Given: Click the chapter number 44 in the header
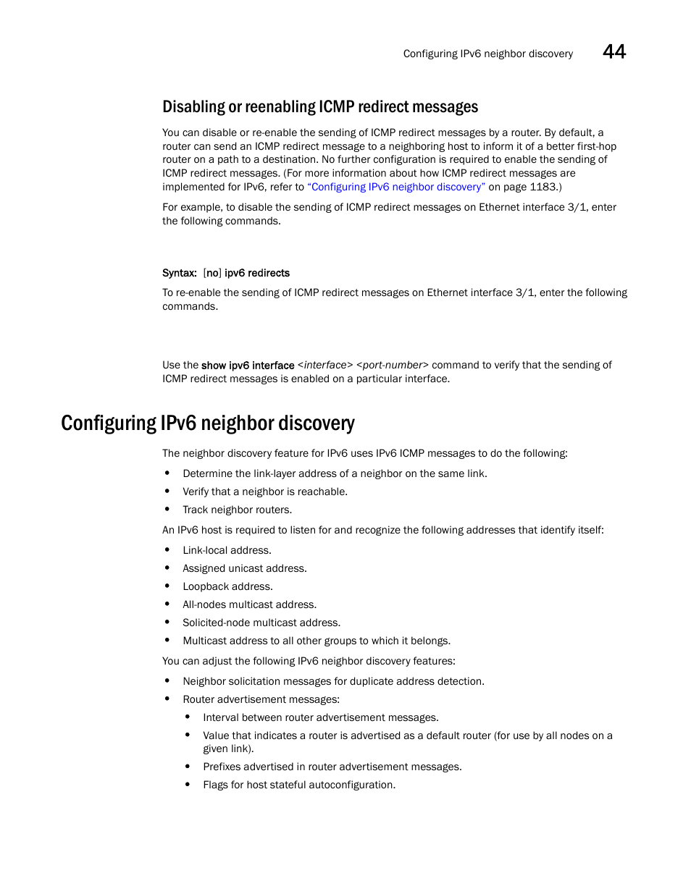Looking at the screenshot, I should click(614, 52).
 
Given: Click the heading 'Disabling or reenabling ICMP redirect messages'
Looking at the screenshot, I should click(320, 107).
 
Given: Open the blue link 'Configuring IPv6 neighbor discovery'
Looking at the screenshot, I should click(396, 187).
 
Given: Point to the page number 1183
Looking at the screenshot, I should click(543, 187).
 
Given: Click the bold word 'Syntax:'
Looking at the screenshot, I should click(179, 273).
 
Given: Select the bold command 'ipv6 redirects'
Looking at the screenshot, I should click(257, 273).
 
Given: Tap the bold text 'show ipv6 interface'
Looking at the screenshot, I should click(248, 366).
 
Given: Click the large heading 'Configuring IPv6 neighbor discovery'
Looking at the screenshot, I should click(208, 423).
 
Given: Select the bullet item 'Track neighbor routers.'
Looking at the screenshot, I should click(237, 510).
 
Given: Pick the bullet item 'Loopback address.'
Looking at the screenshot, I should click(227, 586).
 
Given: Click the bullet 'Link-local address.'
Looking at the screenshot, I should click(227, 550).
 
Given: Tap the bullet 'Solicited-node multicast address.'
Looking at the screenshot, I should click(261, 623).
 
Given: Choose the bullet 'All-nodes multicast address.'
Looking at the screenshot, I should click(249, 604).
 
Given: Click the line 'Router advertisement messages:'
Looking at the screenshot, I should click(261, 699).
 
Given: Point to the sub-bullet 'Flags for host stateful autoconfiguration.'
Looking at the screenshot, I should click(299, 785).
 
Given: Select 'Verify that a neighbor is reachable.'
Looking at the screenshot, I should click(265, 492).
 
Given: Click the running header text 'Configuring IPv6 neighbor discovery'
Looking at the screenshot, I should click(487, 54).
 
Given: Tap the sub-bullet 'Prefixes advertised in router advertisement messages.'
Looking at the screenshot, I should click(332, 767).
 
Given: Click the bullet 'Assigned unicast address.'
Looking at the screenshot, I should click(244, 568).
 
